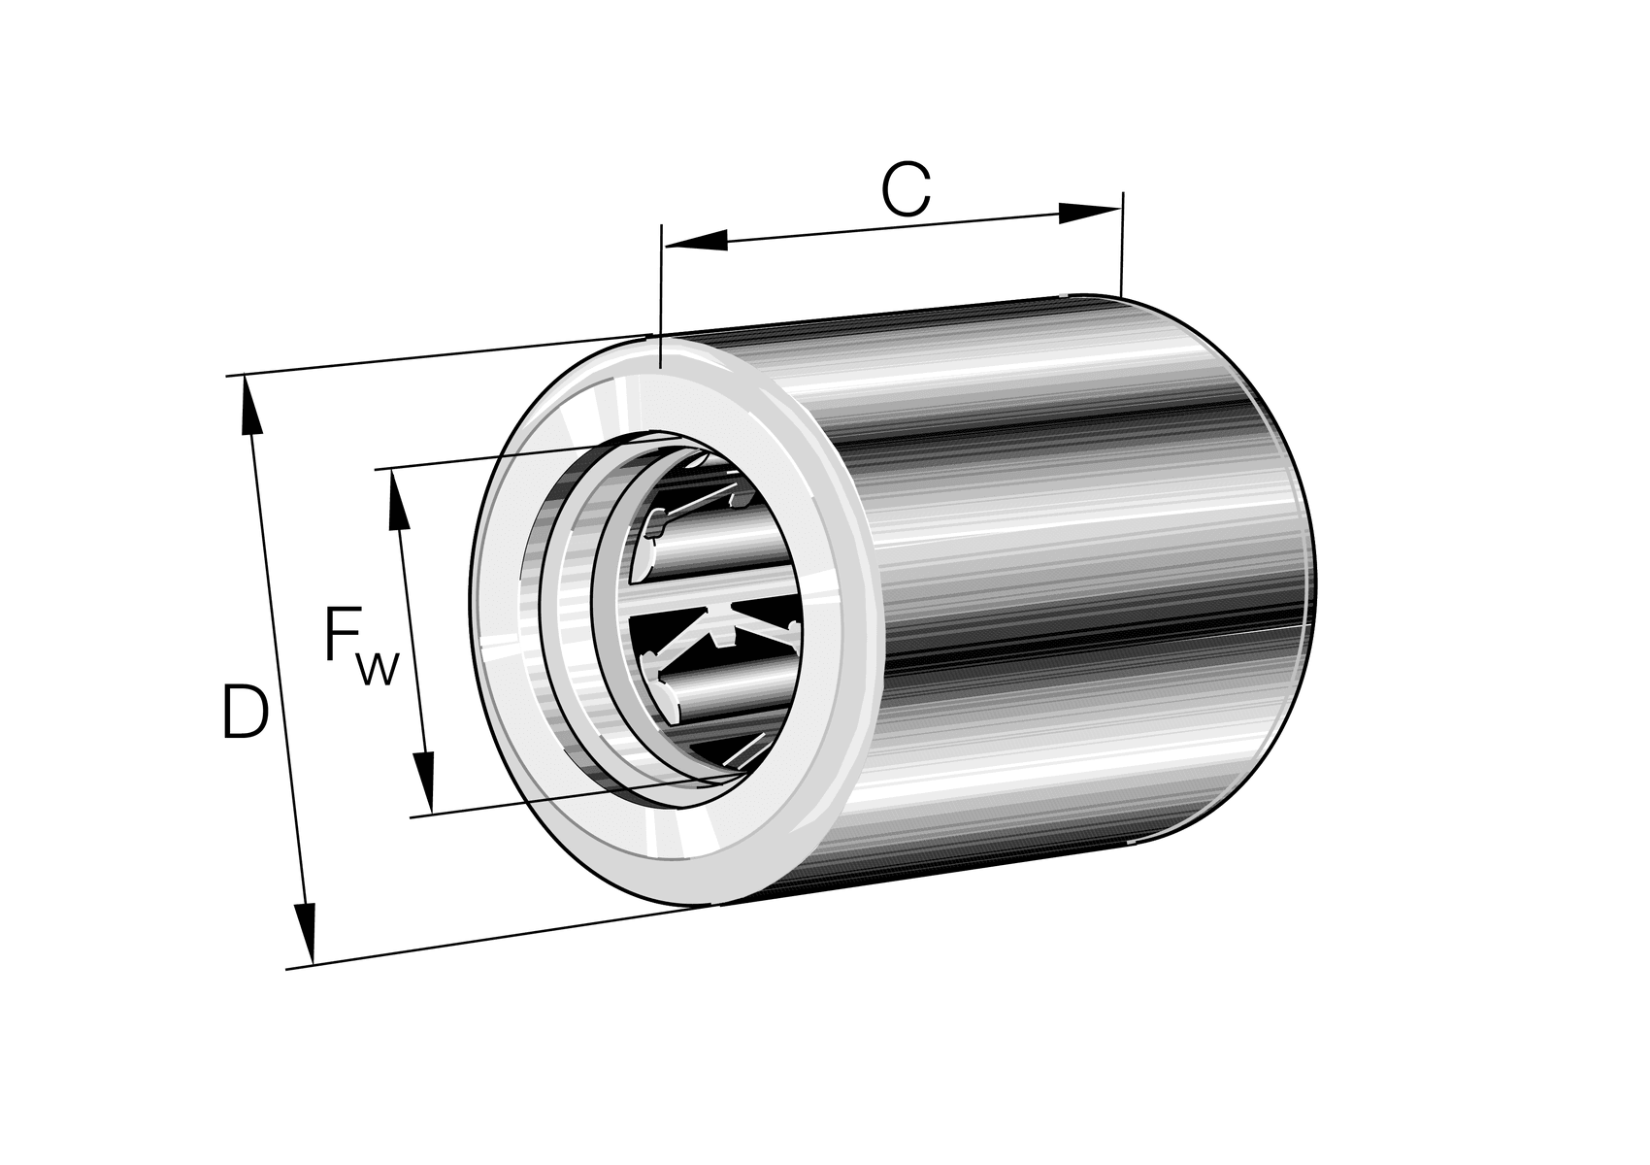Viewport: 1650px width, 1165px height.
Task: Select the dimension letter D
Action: [x=244, y=712]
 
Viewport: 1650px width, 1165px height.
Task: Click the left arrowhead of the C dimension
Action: [x=694, y=240]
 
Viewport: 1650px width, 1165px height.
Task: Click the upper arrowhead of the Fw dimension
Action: [x=398, y=499]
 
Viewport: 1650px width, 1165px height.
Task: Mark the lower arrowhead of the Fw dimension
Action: [x=423, y=782]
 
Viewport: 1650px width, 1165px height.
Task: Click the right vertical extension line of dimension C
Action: [x=1121, y=248]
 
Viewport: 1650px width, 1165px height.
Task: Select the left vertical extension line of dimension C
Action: [x=660, y=291]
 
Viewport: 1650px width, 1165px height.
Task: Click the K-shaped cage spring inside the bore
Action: [x=723, y=631]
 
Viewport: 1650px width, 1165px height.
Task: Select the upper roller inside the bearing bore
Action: [x=699, y=563]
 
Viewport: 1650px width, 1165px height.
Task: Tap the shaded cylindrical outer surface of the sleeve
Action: [x=1068, y=582]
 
